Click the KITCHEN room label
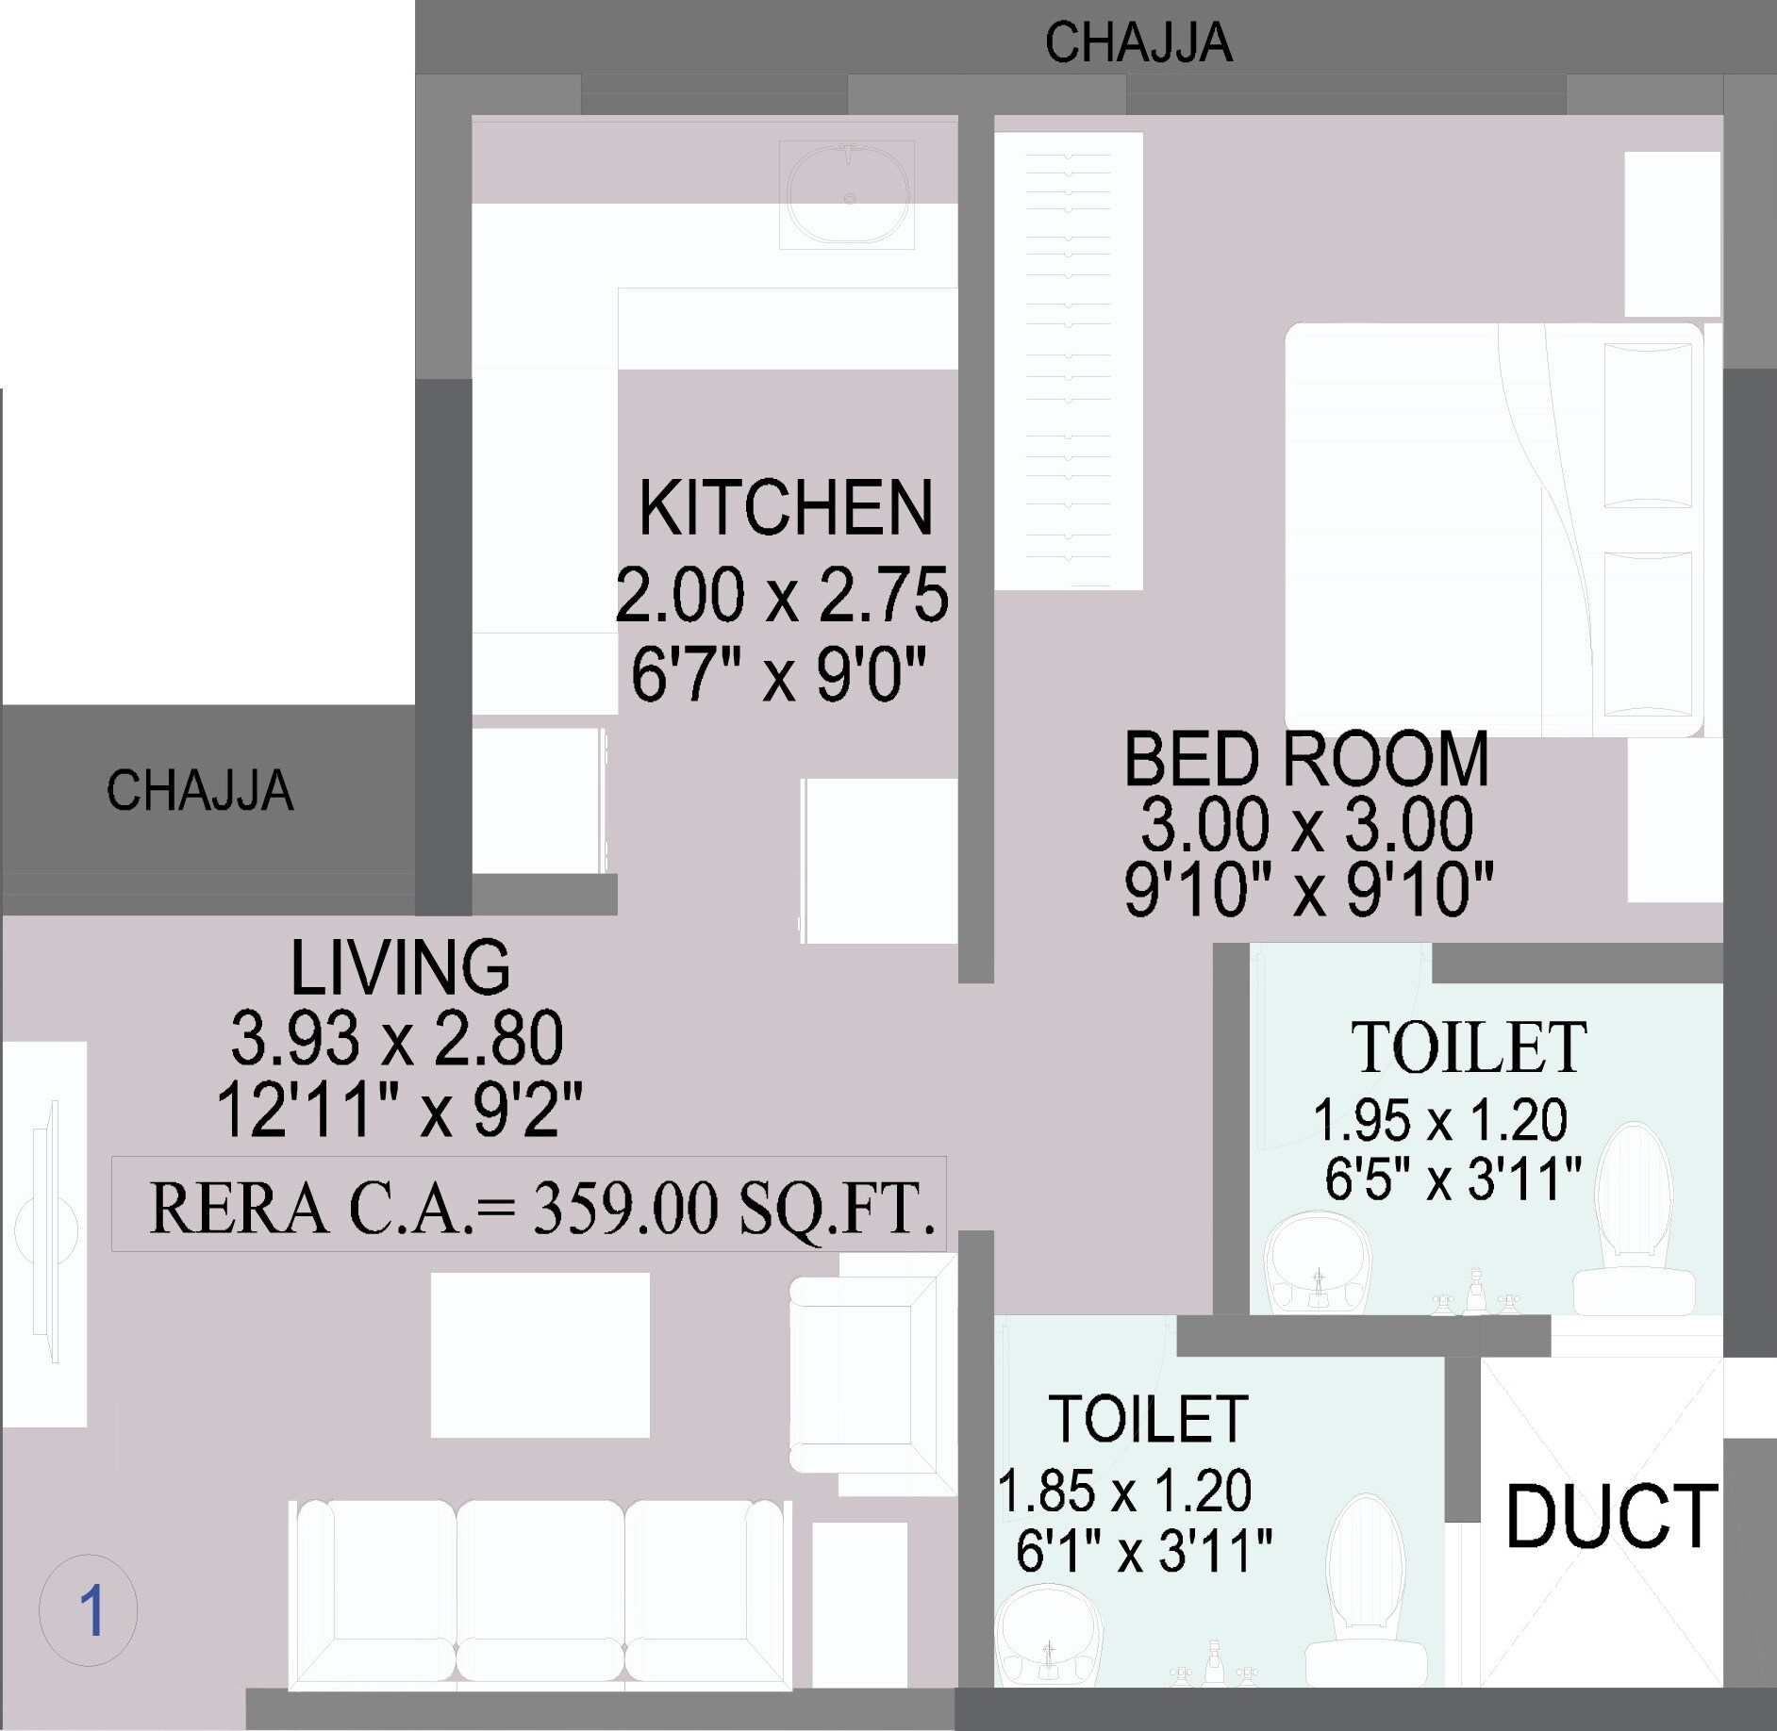(786, 508)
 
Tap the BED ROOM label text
(1305, 759)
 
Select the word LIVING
(400, 967)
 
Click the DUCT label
(1611, 1517)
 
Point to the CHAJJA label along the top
(1138, 43)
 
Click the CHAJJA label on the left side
(199, 791)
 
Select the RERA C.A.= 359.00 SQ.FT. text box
(528, 1206)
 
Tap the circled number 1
(89, 1612)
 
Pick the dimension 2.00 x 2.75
(782, 596)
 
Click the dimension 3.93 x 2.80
(397, 1039)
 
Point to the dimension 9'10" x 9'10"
(1308, 889)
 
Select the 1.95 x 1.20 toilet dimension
(1440, 1120)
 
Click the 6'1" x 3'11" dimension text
(1143, 1551)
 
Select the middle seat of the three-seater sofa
(540, 1593)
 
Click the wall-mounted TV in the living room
(45, 1230)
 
